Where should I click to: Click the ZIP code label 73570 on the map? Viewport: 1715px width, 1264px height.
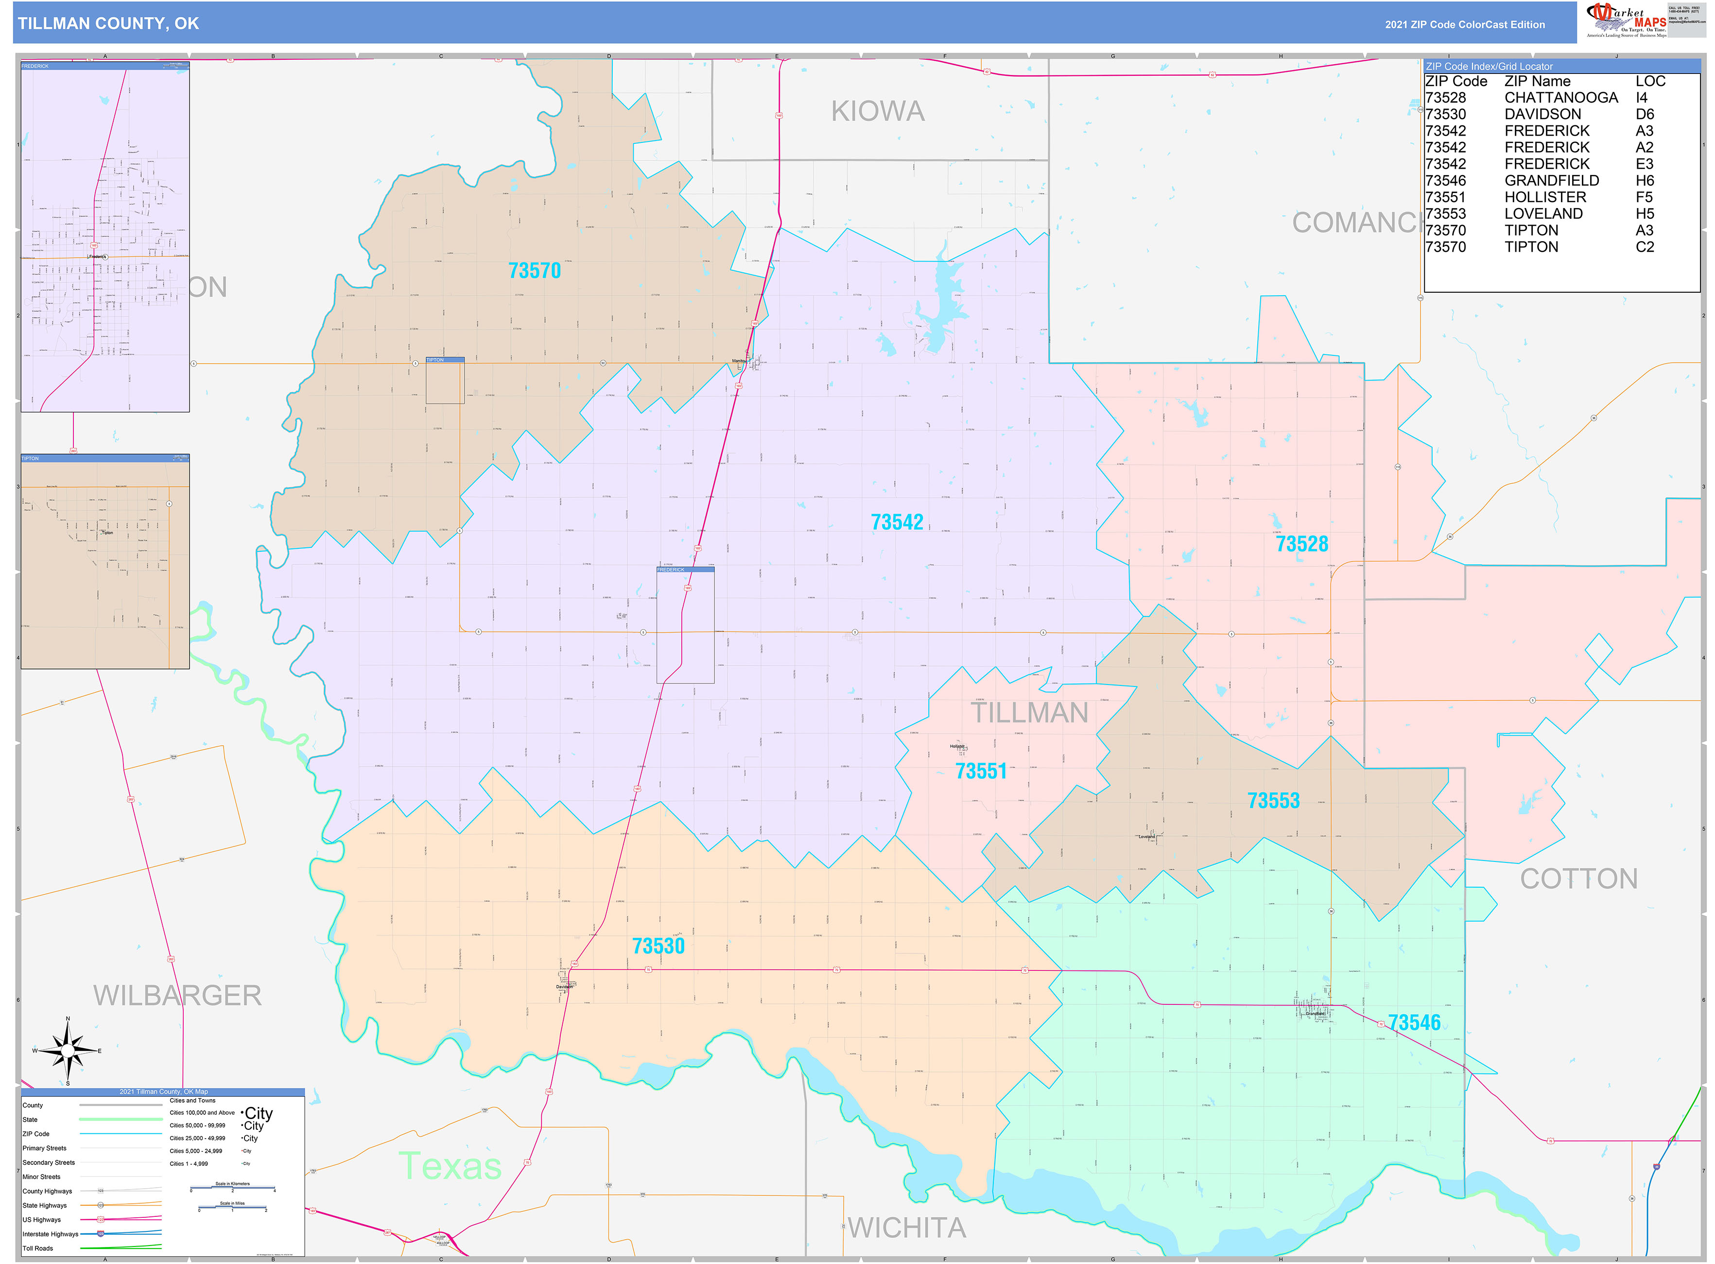point(534,271)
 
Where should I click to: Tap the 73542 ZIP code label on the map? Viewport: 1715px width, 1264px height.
point(897,523)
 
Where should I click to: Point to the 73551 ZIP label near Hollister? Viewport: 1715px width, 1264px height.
point(981,771)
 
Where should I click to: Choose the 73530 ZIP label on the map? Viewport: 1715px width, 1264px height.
point(658,947)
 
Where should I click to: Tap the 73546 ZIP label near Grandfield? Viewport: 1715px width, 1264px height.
point(1414,1023)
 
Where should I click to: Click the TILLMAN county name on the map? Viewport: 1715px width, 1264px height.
point(1030,713)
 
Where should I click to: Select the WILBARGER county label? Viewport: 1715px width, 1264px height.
point(177,996)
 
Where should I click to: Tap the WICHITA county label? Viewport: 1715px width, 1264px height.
point(907,1228)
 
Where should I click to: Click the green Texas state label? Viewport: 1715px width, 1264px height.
point(450,1166)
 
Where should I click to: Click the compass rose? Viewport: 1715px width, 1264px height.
point(68,1051)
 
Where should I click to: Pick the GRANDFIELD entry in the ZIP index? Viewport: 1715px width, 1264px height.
point(1551,180)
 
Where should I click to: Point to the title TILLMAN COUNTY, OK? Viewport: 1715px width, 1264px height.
point(109,24)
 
